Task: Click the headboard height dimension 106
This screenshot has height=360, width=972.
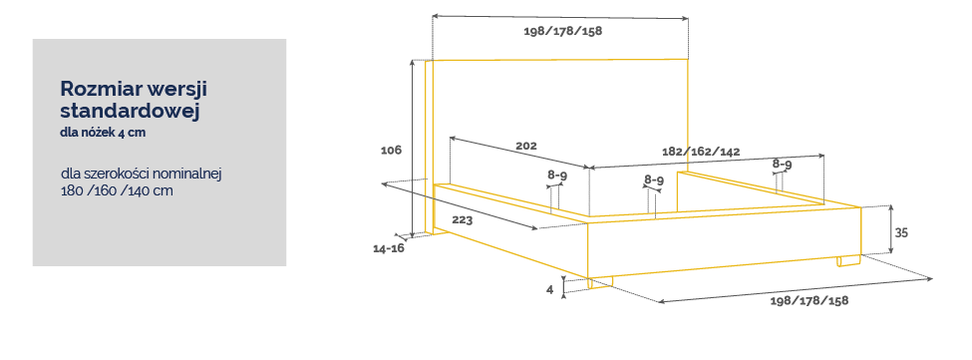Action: (x=391, y=150)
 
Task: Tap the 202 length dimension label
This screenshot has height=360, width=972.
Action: (x=526, y=147)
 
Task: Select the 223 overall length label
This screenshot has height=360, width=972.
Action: (x=462, y=220)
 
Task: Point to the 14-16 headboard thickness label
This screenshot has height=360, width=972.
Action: (x=389, y=248)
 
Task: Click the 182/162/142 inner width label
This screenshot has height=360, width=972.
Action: (x=701, y=152)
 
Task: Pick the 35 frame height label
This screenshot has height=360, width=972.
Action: (x=901, y=233)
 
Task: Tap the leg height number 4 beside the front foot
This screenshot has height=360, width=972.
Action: (x=550, y=289)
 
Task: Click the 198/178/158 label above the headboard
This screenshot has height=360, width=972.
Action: (x=563, y=32)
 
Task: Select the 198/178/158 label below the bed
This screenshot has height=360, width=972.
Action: (x=809, y=301)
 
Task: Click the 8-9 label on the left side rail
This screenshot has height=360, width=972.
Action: (x=557, y=176)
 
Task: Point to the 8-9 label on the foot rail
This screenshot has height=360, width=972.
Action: (x=654, y=180)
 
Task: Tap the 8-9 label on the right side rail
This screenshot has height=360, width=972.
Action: (x=783, y=165)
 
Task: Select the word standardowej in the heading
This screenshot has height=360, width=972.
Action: (x=129, y=112)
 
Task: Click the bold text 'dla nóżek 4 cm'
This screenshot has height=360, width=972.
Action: (x=103, y=133)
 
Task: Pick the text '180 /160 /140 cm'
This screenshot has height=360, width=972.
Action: (x=118, y=190)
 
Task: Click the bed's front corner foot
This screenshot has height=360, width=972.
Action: (x=600, y=282)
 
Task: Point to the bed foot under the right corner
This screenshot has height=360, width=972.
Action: (x=847, y=261)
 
